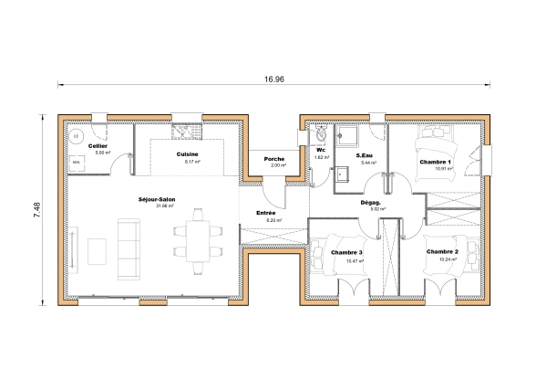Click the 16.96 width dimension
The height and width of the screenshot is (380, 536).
click(273, 79)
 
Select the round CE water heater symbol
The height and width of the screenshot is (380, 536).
click(77, 137)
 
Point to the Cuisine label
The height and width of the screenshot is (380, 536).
click(189, 154)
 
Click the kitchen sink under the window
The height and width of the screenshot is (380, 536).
click(188, 131)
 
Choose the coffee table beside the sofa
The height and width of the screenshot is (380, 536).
click(98, 248)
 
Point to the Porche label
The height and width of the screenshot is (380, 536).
click(273, 159)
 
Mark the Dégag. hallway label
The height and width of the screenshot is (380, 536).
click(370, 203)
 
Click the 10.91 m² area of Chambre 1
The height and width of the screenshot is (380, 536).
click(442, 169)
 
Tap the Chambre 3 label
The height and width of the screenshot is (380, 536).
click(346, 252)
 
